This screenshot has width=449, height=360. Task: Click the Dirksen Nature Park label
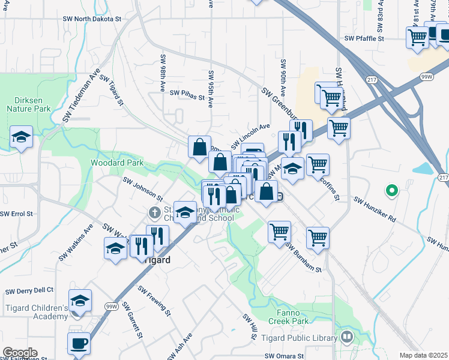(28, 104)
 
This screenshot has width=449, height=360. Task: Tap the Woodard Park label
(117, 163)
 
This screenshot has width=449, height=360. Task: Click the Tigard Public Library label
(299, 338)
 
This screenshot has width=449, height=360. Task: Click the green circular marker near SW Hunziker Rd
(391, 191)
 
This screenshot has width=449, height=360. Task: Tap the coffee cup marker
(79, 344)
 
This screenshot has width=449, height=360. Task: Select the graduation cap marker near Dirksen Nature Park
(21, 137)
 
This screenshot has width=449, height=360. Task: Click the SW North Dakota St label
(92, 19)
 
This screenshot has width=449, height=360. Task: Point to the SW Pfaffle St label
(364, 38)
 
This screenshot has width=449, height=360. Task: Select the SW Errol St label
(16, 214)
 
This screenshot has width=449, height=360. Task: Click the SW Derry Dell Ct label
(29, 291)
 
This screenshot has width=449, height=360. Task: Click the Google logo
(20, 353)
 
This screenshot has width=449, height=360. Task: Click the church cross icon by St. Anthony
(154, 212)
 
